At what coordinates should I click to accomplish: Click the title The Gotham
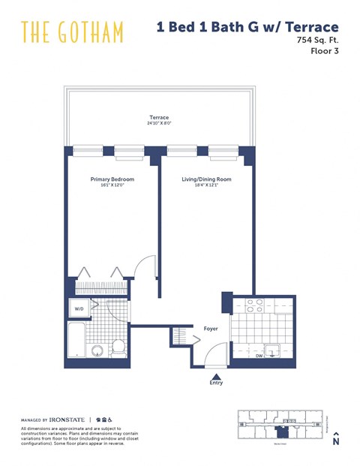72,32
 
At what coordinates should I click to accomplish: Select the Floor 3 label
325,56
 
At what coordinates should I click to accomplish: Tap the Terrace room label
158,118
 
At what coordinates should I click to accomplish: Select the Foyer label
211,328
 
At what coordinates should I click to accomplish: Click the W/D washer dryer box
79,308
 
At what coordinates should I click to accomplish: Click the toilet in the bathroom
118,348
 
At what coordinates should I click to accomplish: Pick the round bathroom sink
97,350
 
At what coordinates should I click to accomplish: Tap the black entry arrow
216,376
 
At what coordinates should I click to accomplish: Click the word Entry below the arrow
216,383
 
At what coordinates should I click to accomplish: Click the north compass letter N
336,442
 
